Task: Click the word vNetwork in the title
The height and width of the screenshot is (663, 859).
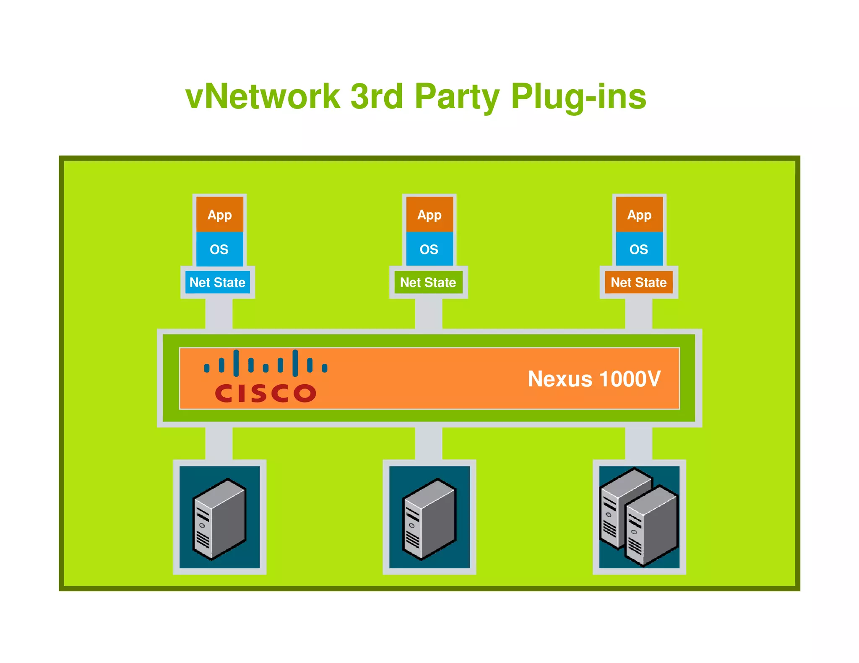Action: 263,97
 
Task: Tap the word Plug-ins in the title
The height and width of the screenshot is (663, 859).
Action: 578,97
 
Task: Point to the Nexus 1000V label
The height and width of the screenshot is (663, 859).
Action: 593,379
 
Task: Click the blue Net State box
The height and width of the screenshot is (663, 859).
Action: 217,282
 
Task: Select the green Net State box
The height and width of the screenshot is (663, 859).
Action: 428,282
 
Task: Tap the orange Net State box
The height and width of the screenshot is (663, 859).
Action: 638,282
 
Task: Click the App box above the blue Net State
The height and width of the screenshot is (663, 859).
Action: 219,215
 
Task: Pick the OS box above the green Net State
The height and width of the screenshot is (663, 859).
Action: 429,249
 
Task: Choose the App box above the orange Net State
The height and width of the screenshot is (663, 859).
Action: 639,215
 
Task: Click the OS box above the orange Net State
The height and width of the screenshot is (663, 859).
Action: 639,249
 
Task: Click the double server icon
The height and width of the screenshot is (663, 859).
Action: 639,517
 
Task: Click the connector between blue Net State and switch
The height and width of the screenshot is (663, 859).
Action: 219,314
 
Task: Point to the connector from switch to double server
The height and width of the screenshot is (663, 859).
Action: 638,443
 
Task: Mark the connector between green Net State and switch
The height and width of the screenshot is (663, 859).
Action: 429,314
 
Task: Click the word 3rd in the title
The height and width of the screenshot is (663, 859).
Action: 376,97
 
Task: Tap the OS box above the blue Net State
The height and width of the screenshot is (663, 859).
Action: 219,249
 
